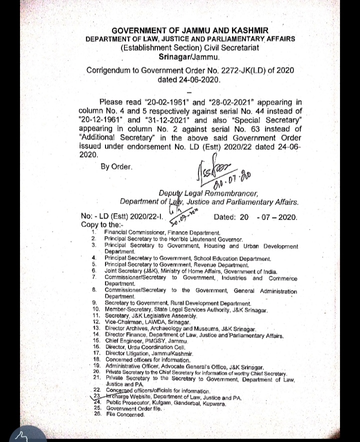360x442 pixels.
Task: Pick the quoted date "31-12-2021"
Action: [x=167, y=120]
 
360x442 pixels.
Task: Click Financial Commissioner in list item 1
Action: [x=132, y=233]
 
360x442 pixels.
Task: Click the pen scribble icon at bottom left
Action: [x=21, y=435]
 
